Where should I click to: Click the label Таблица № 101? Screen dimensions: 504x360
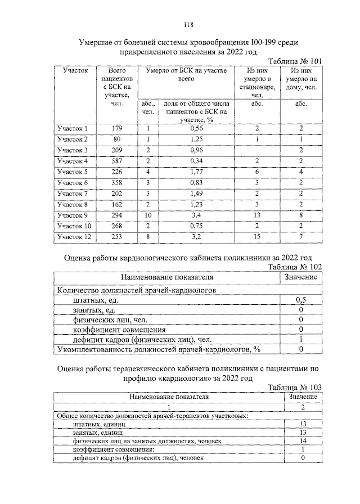pos(296,61)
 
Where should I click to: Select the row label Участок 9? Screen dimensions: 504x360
pos(73,215)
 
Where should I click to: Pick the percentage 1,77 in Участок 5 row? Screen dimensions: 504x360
pos(196,172)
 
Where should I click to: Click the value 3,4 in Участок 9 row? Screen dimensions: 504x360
pos(196,215)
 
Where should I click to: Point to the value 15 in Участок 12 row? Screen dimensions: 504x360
pos(256,237)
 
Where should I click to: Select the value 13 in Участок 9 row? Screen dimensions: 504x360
pos(256,215)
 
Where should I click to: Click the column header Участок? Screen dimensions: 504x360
pos(75,71)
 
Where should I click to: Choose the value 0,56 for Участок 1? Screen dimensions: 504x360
pos(196,129)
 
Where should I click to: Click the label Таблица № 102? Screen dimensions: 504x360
pos(296,267)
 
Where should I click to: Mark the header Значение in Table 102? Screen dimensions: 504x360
pos(301,277)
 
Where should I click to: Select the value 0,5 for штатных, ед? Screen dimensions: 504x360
pos(301,300)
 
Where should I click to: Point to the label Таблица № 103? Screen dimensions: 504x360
pos(296,388)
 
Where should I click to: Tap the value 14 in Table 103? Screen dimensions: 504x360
pos(303,441)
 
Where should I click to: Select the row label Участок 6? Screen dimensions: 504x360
pos(73,183)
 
